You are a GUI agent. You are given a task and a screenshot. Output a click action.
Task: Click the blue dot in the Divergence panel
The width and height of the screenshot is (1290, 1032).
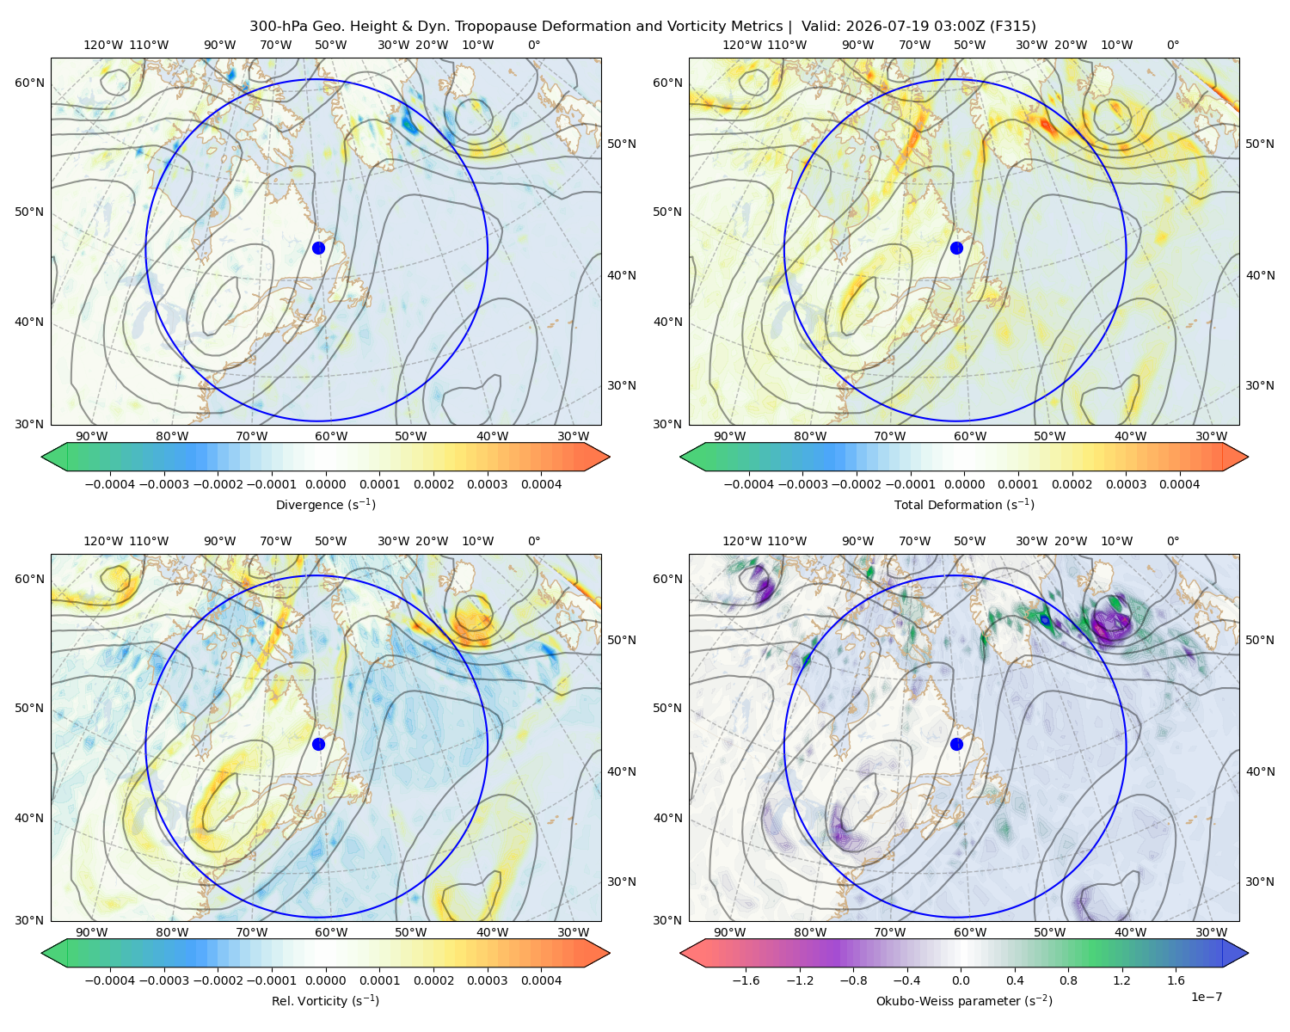pos(318,248)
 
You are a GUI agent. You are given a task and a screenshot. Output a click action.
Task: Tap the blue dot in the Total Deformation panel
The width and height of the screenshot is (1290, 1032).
pos(956,248)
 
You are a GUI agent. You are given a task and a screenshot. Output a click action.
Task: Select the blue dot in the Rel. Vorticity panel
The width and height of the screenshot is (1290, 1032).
pos(318,744)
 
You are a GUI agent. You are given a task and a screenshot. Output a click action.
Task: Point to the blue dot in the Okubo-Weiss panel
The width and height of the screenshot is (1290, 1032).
pos(956,744)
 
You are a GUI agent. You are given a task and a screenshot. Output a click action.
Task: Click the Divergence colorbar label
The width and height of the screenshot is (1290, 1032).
pos(325,505)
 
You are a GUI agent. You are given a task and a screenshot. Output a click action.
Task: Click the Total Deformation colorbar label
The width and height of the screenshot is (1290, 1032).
pos(964,505)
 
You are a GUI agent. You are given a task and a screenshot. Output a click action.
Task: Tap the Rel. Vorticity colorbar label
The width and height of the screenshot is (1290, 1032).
pos(325,1001)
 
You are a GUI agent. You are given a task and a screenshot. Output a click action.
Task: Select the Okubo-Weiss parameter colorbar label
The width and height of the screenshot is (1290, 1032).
pos(964,1001)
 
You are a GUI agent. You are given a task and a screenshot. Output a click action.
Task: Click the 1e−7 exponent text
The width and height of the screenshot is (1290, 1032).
pos(1206,997)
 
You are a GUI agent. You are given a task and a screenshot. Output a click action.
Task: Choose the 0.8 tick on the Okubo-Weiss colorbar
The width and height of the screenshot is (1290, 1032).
pos(1068,980)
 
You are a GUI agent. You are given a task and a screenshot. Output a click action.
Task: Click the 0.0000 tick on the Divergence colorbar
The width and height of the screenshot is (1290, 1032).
pos(325,484)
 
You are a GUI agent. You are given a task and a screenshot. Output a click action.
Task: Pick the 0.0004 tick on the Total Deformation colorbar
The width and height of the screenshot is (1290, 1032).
pos(1180,484)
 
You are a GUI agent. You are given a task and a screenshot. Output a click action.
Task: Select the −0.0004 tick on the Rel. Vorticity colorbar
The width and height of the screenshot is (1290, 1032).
pos(110,980)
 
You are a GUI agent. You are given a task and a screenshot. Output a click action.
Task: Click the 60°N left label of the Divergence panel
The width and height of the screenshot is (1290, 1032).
pos(29,83)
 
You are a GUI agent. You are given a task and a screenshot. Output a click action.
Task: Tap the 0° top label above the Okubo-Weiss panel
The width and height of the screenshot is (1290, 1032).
pos(1172,541)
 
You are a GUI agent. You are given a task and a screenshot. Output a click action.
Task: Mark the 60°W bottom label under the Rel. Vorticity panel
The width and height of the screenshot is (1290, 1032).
pos(331,932)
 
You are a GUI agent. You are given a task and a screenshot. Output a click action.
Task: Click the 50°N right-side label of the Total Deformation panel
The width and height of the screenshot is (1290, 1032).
pos(1260,144)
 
